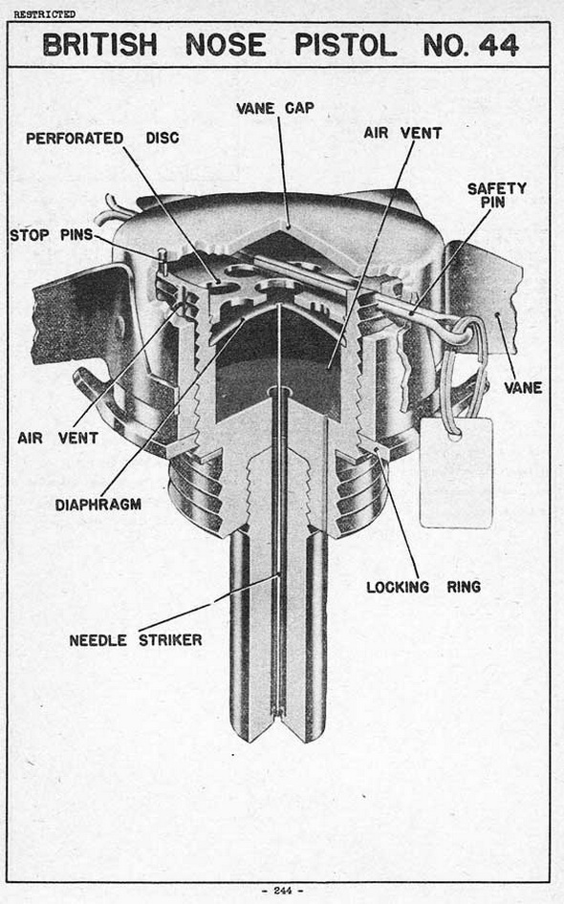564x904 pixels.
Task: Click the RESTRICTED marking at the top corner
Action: click(44, 14)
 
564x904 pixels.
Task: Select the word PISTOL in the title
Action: click(345, 45)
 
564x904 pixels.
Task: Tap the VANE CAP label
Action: click(275, 108)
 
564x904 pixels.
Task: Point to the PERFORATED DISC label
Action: click(102, 139)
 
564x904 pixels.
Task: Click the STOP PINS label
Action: click(51, 235)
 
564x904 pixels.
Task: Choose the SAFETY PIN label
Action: click(496, 195)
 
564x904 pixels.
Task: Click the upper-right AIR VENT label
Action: click(402, 133)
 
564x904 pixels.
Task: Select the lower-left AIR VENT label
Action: click(57, 439)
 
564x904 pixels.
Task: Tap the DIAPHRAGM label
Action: click(98, 505)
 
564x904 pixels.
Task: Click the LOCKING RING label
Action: click(423, 587)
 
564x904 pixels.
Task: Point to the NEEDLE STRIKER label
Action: click(136, 640)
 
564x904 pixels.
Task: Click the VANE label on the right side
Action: click(523, 388)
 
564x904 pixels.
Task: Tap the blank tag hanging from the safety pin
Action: click(457, 473)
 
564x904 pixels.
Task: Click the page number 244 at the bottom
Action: click(283, 891)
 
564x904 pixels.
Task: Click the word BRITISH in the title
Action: click(99, 45)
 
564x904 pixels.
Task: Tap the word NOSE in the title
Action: click(226, 45)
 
